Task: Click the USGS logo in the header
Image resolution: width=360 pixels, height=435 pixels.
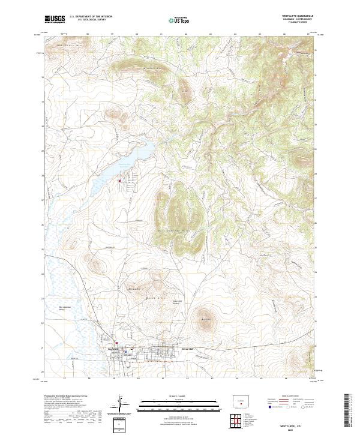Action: [x=55, y=19]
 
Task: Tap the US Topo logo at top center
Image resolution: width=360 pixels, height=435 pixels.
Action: [x=181, y=20]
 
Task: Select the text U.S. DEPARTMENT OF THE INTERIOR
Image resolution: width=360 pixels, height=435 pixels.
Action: [x=91, y=16]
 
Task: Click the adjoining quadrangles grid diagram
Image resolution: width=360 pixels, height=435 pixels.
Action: [x=239, y=422]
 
